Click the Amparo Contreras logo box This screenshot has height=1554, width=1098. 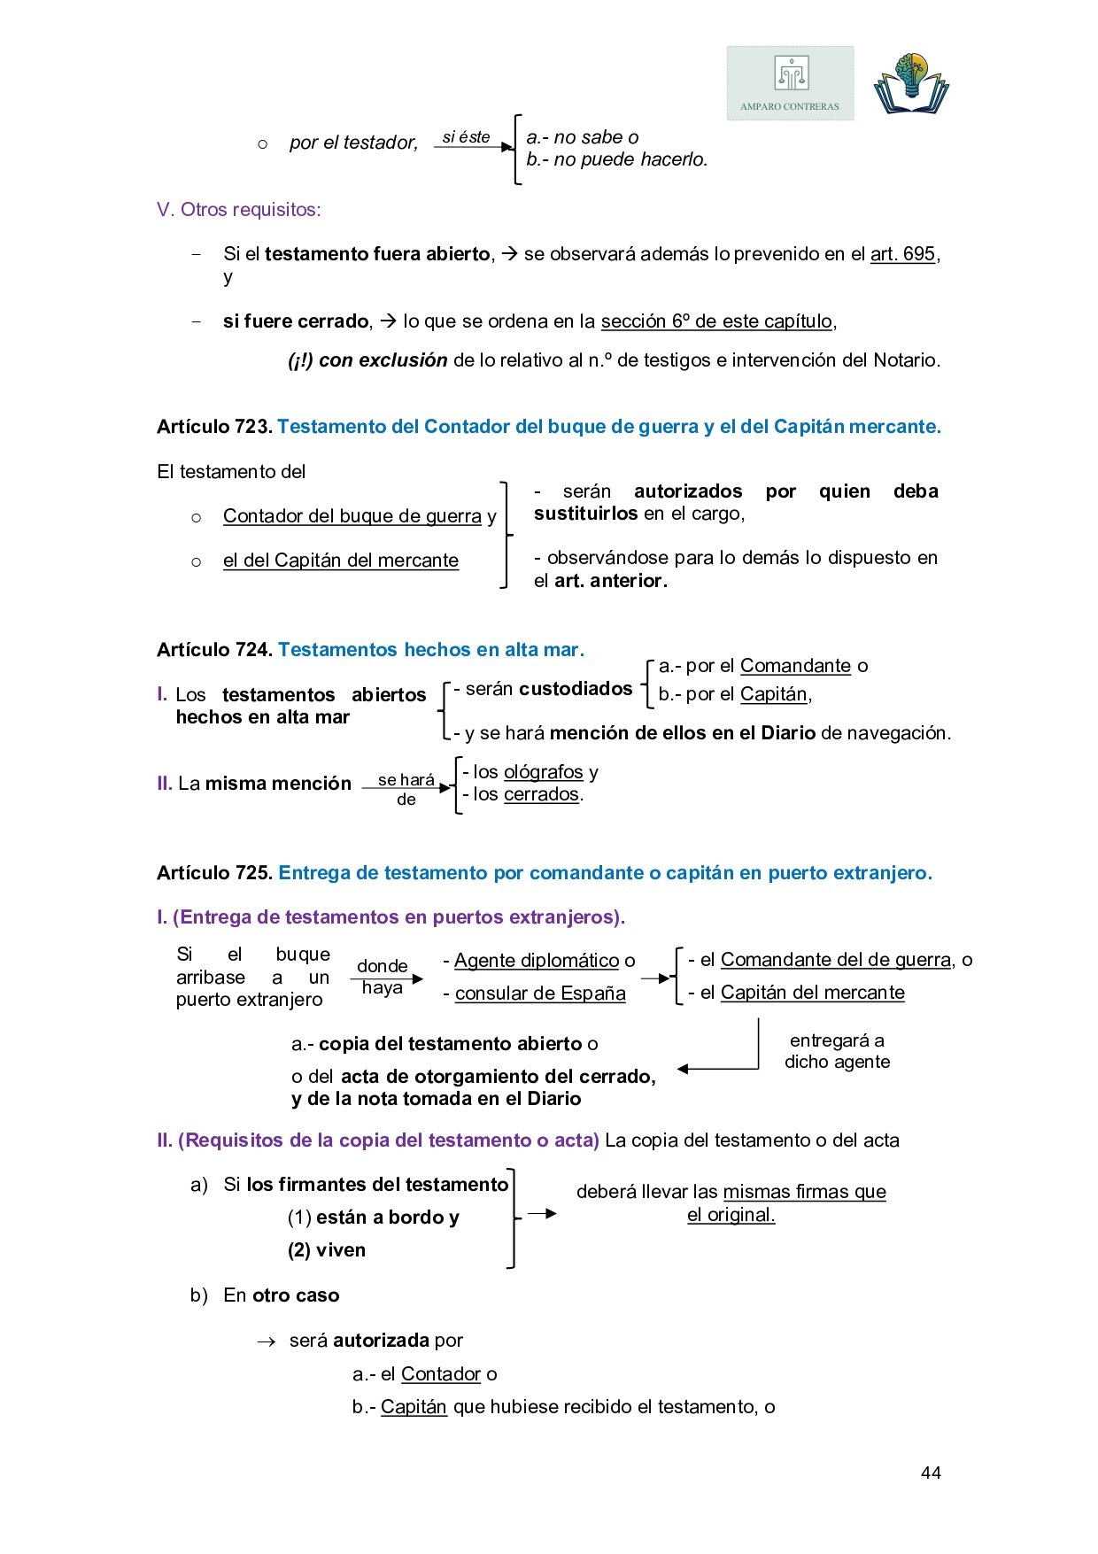pos(790,83)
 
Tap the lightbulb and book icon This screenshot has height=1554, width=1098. pos(910,83)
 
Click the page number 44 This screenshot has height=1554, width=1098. pos(931,1473)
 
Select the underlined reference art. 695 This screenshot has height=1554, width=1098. pos(902,254)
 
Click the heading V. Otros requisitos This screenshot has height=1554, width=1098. pos(239,210)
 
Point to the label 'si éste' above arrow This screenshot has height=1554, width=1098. pos(466,137)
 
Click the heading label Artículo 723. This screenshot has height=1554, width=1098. pos(214,427)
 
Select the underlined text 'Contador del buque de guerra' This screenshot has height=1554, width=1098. pos(352,516)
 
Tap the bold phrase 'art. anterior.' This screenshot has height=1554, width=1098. pos(611,581)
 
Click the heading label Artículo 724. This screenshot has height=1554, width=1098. pos(214,650)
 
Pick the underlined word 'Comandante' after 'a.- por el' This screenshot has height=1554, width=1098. pos(795,666)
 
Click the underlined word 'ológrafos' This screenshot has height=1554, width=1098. pos(544,772)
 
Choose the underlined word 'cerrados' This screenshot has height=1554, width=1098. pos(541,794)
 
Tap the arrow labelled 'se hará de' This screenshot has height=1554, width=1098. pos(406,788)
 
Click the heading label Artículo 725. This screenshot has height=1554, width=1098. pos(214,873)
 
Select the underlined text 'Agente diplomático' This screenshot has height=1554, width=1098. pos(537,961)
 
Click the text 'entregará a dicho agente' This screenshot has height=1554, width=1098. pos(837,1051)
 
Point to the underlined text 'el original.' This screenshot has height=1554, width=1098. pos(731,1215)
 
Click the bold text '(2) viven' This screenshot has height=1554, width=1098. pos(327,1250)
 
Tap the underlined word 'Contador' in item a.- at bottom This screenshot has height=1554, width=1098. pos(441,1374)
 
